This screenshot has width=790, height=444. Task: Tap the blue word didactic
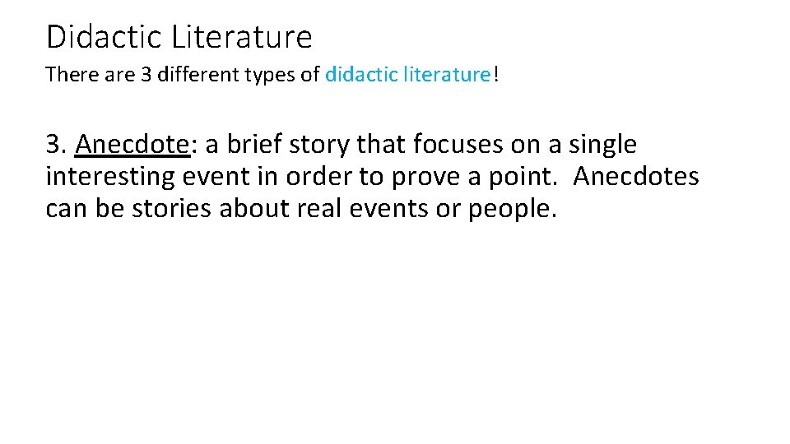(360, 75)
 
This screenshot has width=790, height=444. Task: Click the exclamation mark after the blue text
(496, 75)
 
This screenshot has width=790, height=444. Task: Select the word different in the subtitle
(206, 75)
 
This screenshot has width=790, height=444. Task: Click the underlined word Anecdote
(132, 145)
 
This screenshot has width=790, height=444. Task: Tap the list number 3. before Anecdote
(57, 145)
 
